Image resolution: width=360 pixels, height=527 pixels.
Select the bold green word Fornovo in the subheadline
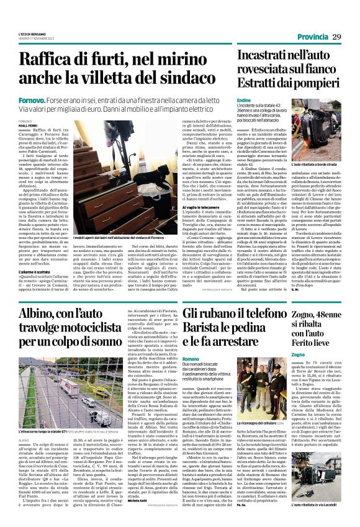(32, 99)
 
